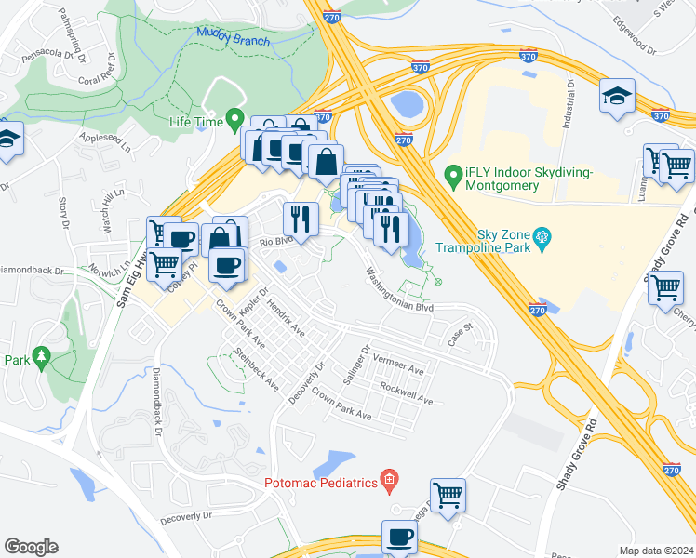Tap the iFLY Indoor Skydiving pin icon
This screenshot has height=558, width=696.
coord(454,174)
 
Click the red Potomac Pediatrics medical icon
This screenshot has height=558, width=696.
coord(390,481)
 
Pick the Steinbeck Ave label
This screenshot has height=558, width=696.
coord(257,368)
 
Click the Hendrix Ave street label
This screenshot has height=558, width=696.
coord(286,318)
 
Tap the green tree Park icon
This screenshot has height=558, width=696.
coord(40,357)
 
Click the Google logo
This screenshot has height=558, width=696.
coord(31,547)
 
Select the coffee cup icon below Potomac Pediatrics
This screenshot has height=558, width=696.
coord(400,537)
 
